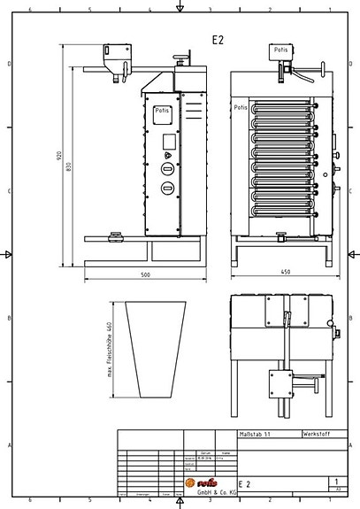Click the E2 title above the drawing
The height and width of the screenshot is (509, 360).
coord(218,40)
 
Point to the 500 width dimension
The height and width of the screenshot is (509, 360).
coord(146,274)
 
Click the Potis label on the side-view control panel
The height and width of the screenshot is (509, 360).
coord(163,111)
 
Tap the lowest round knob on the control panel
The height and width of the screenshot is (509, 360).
coord(167,187)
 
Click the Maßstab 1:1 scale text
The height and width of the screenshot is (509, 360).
coord(256,436)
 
